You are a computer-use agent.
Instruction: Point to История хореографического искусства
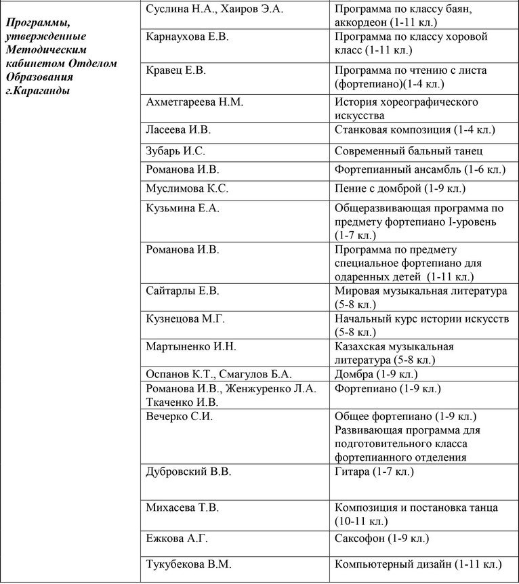pos(406,108)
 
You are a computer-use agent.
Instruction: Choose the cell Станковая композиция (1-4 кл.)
pos(415,129)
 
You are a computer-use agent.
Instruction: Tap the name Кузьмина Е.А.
pos(183,209)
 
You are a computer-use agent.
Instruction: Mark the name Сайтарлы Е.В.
pos(183,291)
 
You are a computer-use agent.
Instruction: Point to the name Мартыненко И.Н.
pos(191,347)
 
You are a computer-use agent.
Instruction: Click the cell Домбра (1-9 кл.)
pos(376,374)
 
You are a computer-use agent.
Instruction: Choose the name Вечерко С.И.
pos(180,417)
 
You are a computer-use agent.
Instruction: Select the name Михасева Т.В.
pos(183,507)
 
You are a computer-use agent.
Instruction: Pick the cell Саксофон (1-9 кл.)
pos(381,539)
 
